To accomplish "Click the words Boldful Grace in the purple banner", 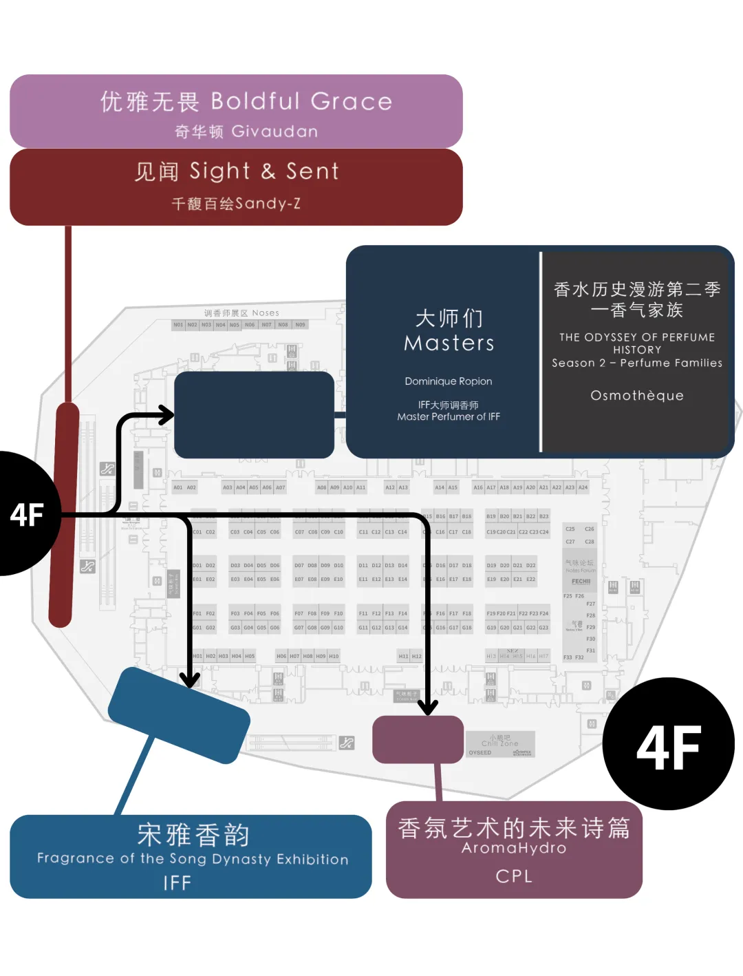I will click(x=301, y=102).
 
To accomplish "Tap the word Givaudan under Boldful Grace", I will click(x=274, y=131).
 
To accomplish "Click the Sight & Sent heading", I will click(x=264, y=171).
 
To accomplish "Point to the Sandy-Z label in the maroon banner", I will click(x=268, y=204).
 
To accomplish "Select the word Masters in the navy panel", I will click(x=449, y=343).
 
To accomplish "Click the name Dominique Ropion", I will click(x=449, y=381).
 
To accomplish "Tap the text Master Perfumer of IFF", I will click(x=449, y=417).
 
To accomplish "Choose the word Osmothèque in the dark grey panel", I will click(x=637, y=396).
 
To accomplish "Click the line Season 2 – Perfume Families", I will click(x=637, y=363).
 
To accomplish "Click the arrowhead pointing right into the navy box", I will click(x=166, y=414).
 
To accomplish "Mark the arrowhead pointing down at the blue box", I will click(x=189, y=680).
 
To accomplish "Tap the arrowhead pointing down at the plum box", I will click(x=428, y=708).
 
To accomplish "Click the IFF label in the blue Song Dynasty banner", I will click(x=177, y=883).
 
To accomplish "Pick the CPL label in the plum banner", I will click(x=514, y=876).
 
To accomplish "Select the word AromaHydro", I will click(x=514, y=849).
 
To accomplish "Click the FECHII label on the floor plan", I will click(x=581, y=582).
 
